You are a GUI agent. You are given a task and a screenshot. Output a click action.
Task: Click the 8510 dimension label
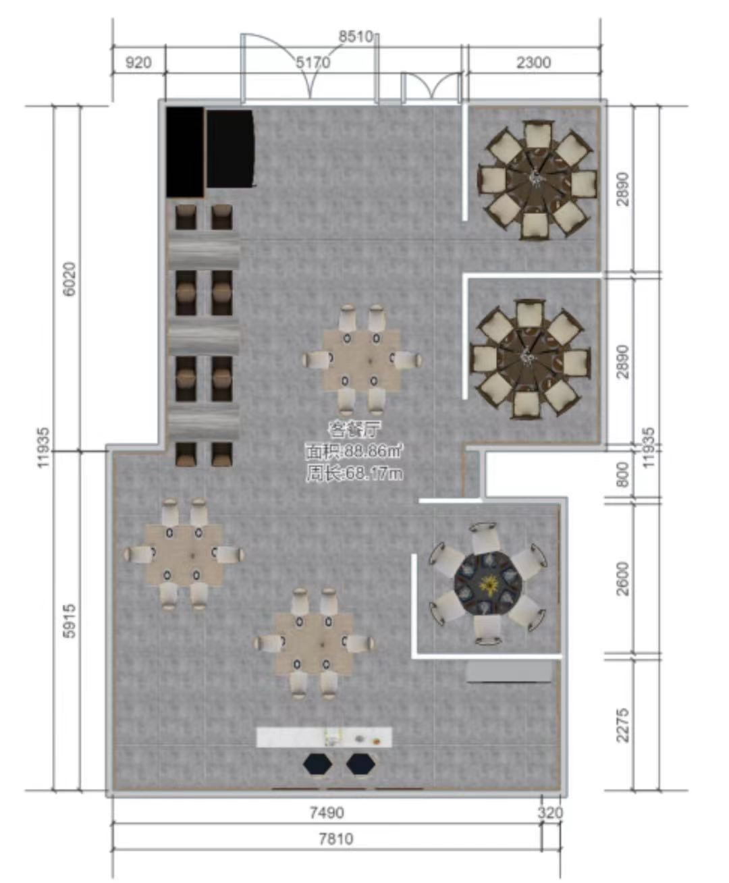(x=356, y=37)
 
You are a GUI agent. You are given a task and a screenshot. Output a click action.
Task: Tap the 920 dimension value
(x=138, y=63)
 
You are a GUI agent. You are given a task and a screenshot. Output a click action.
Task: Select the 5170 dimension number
(x=313, y=63)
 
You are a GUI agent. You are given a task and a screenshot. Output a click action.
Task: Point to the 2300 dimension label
(x=534, y=63)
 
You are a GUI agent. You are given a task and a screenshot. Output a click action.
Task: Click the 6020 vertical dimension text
(x=70, y=279)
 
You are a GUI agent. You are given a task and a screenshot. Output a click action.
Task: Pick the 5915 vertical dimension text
(x=70, y=621)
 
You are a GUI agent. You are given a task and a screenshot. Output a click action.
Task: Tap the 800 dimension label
(x=623, y=474)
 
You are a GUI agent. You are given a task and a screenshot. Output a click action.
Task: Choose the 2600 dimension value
(x=623, y=579)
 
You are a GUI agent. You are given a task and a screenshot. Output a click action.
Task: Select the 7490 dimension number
(x=327, y=813)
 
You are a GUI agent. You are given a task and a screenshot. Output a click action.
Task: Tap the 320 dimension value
(x=551, y=813)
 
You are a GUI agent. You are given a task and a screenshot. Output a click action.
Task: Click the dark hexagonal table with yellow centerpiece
(x=488, y=585)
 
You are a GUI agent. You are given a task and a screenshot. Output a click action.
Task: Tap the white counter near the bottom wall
(x=324, y=737)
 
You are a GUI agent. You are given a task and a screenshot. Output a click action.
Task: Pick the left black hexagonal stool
(x=317, y=764)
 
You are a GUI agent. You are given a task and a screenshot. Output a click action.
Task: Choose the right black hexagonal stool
(x=360, y=764)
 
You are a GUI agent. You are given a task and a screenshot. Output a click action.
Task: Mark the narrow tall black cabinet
(x=185, y=152)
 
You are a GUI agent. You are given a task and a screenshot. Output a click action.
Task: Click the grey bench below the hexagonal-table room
(x=510, y=672)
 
